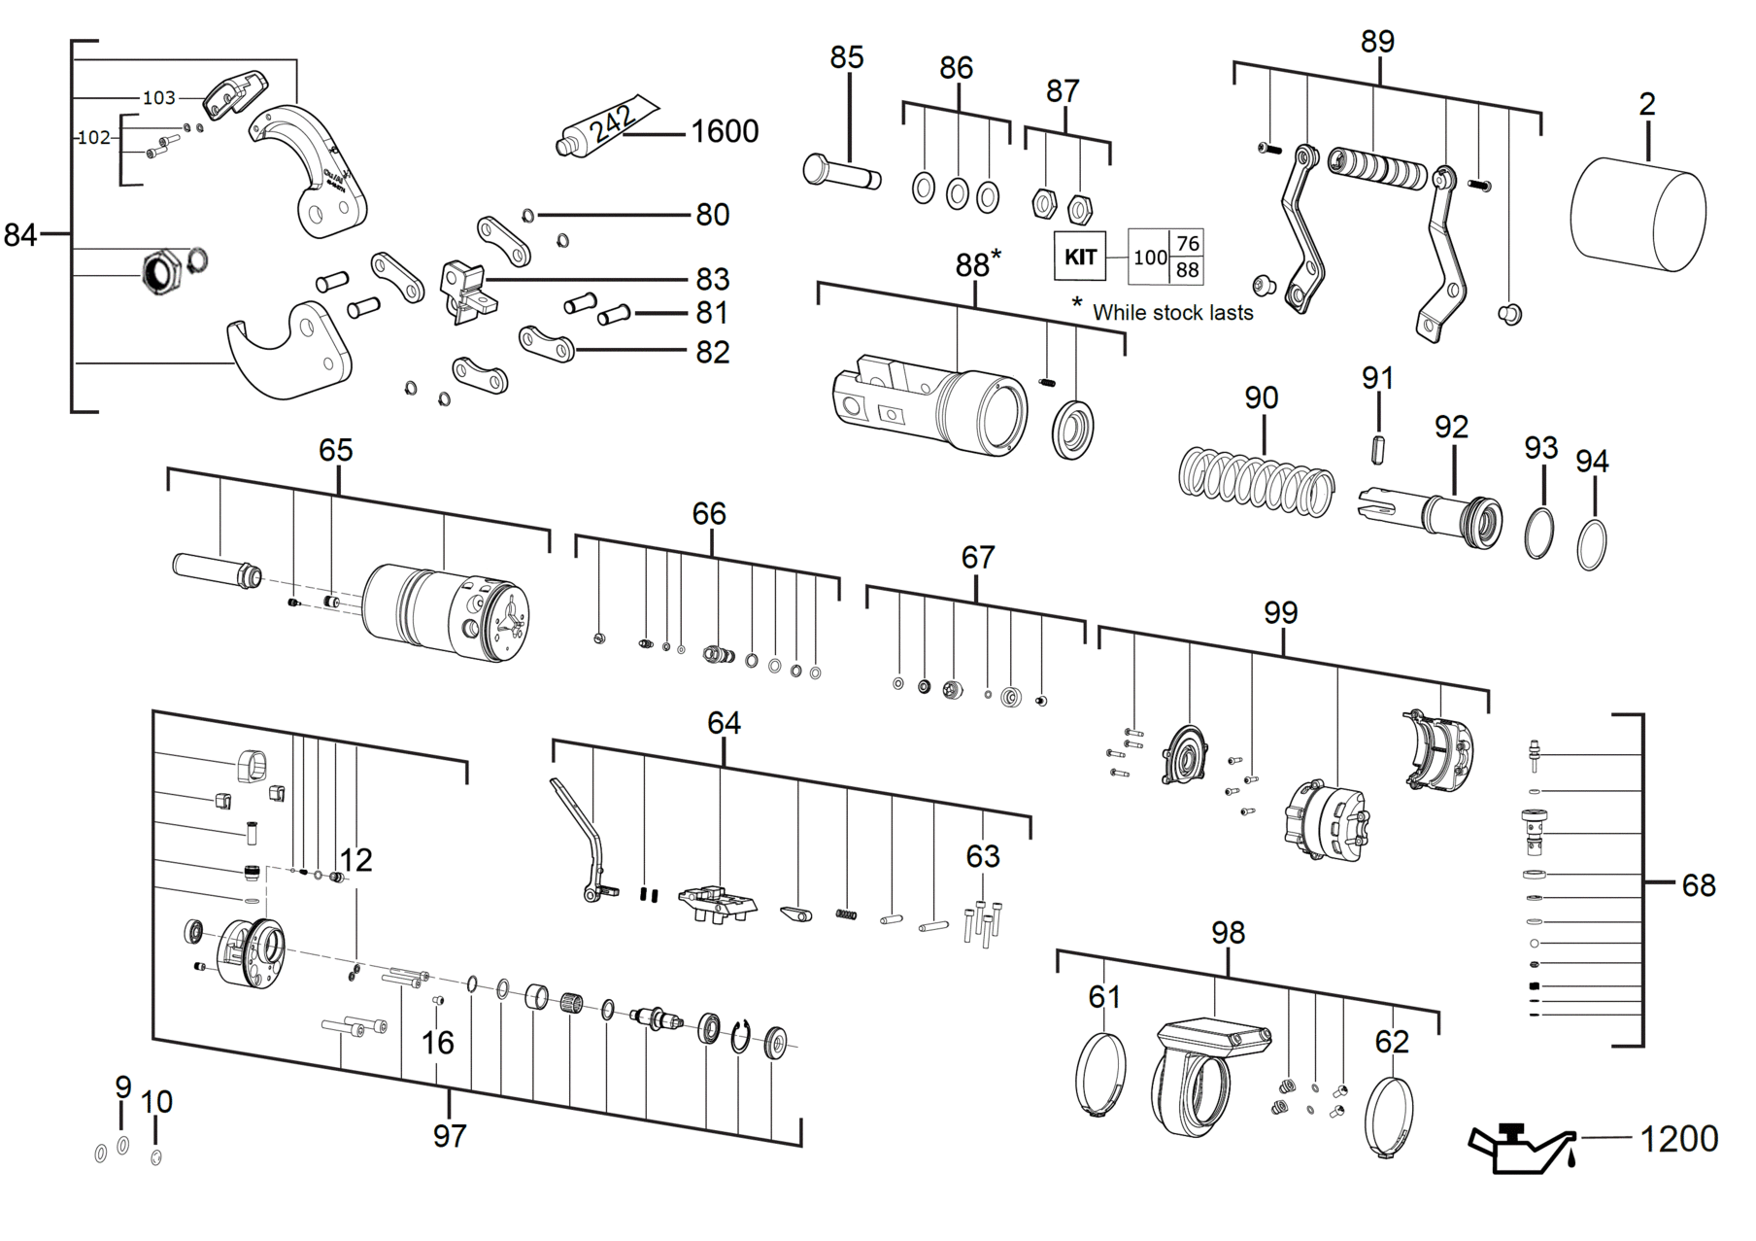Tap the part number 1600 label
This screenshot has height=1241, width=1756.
[x=725, y=131]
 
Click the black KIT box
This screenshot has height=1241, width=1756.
[x=1080, y=257]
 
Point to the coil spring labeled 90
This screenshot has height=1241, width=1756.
[x=1256, y=481]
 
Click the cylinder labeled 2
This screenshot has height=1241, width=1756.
[x=1638, y=213]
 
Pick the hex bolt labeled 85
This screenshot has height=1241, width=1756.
[x=841, y=172]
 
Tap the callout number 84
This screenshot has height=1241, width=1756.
[x=19, y=235]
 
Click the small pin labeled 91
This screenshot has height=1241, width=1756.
[x=1378, y=450]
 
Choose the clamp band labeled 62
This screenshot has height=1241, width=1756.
[x=1389, y=1118]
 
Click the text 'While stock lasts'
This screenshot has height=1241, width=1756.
[x=1172, y=313]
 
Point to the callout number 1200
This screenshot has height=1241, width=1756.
[x=1679, y=1138]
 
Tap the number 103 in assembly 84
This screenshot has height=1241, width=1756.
[x=159, y=97]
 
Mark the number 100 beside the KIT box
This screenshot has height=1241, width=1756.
[x=1150, y=258]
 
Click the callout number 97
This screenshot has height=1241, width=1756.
[x=450, y=1135]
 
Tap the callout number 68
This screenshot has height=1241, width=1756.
[x=1699, y=885]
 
